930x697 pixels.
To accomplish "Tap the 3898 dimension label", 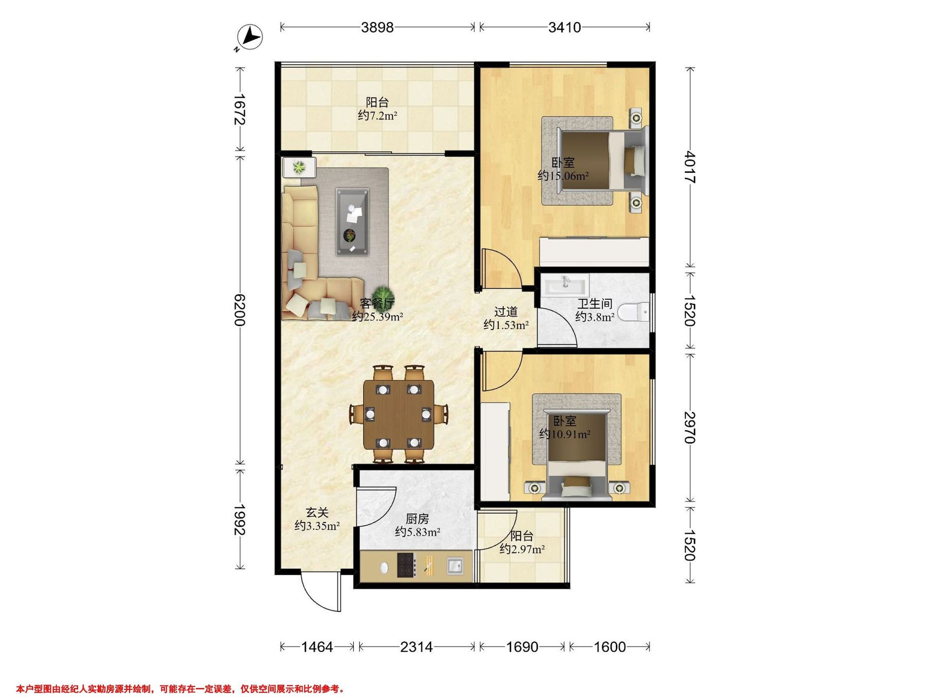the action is point(377,27).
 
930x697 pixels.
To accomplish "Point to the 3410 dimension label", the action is point(564,27).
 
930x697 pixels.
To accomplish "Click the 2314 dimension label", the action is point(416,647).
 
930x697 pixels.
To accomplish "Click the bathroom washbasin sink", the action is point(565,285).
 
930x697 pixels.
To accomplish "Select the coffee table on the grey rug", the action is point(352,222).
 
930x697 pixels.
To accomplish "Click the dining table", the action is point(398,414).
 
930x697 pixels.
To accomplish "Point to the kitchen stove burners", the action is point(406,565).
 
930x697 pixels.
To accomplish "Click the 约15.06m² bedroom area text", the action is point(563,176).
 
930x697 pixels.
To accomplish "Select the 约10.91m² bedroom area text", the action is point(565,434).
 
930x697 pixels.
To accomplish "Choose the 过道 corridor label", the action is point(506,312).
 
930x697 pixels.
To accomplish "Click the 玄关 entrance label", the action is point(317,513).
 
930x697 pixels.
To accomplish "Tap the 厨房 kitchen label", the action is point(417,519).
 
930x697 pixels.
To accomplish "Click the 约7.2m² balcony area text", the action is point(377,115).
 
